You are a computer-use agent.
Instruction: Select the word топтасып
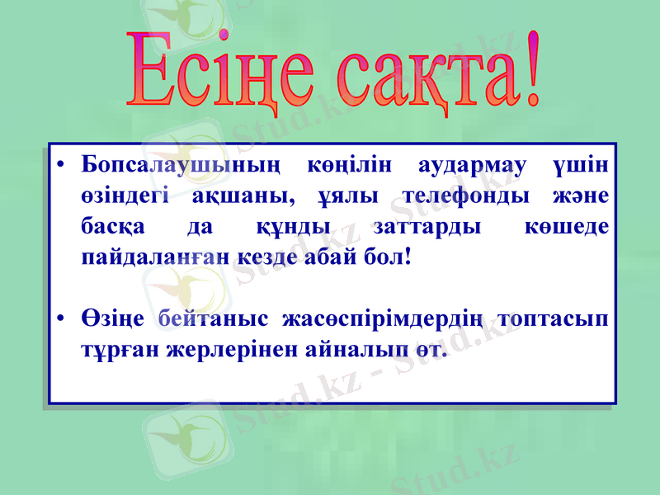point(559,318)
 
